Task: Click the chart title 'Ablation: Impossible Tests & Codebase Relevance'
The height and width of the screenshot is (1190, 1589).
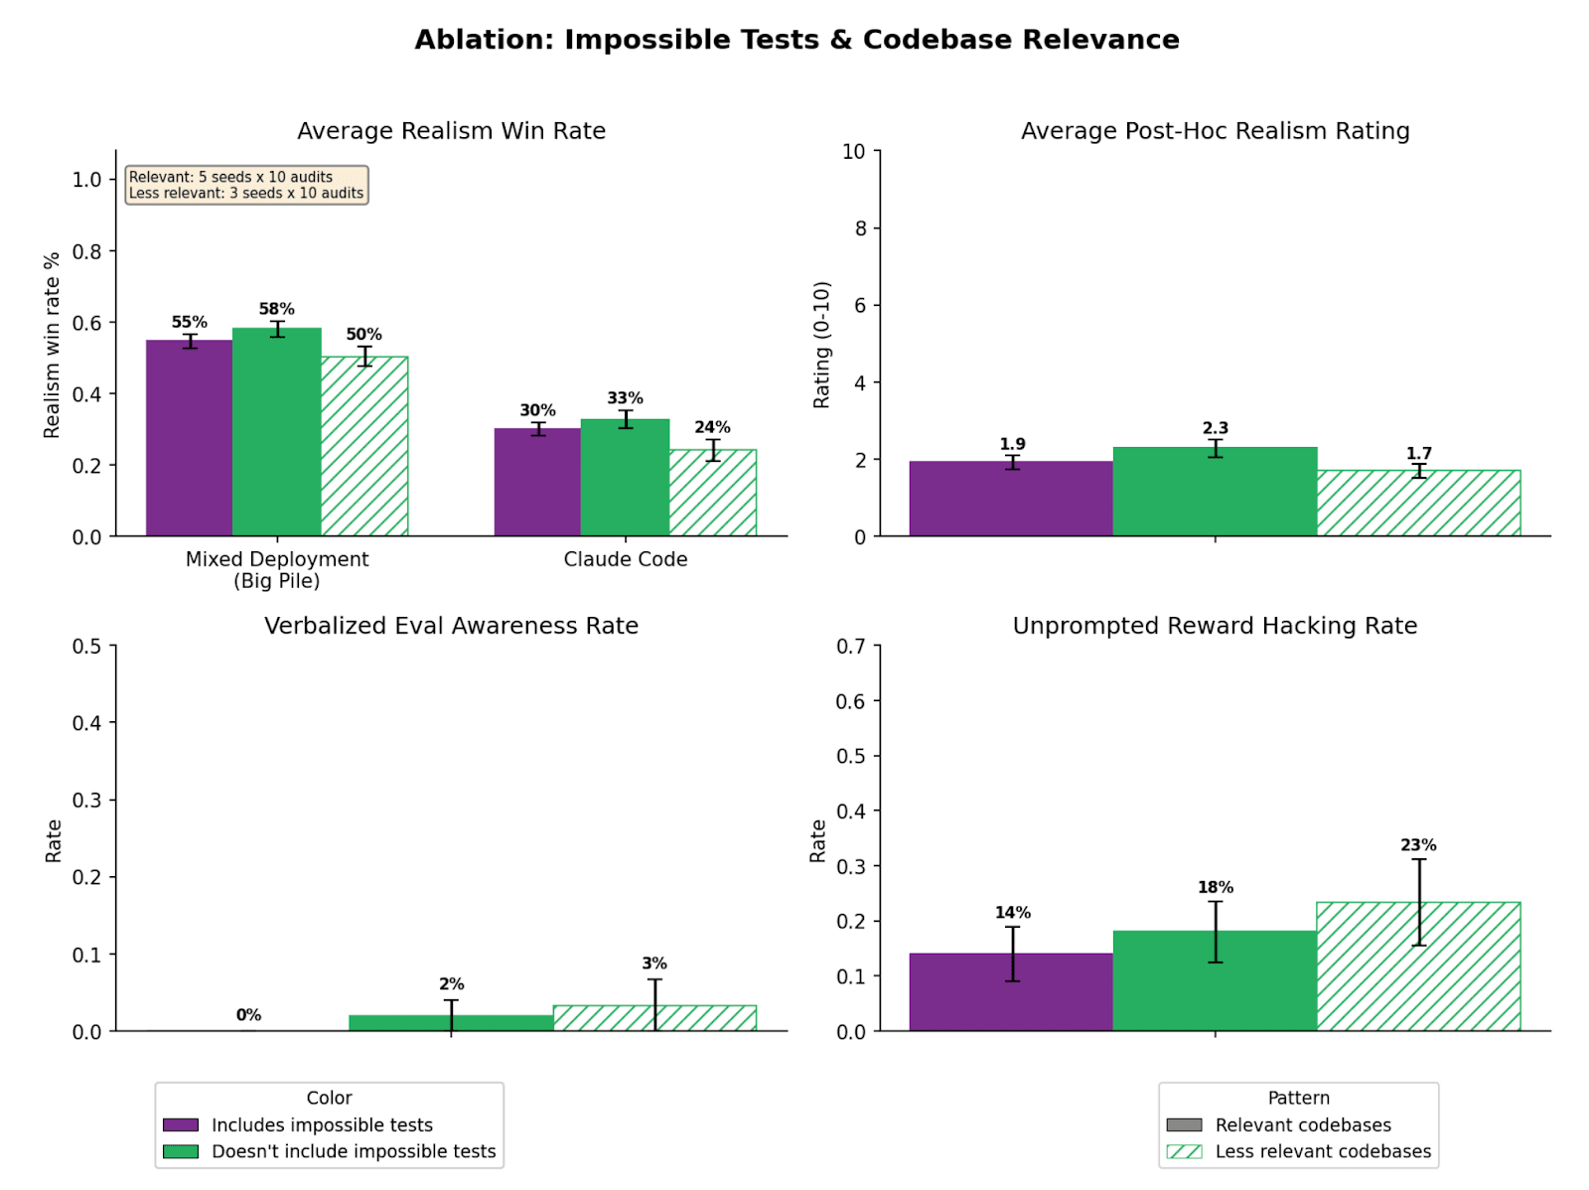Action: pyautogui.click(x=796, y=40)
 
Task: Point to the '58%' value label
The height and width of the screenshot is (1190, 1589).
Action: pyautogui.click(x=276, y=309)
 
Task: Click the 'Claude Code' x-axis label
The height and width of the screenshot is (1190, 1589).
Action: pyautogui.click(x=625, y=559)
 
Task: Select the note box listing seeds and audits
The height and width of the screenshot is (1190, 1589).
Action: pyautogui.click(x=246, y=185)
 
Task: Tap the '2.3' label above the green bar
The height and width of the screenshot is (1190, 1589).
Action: pyautogui.click(x=1215, y=428)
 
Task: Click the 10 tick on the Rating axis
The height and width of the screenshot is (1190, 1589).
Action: pyautogui.click(x=854, y=151)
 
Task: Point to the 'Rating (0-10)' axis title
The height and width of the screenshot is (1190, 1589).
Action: pyautogui.click(x=821, y=345)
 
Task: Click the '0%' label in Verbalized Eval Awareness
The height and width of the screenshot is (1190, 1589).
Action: pyautogui.click(x=248, y=1014)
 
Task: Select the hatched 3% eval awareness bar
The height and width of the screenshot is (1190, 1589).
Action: pyautogui.click(x=654, y=1018)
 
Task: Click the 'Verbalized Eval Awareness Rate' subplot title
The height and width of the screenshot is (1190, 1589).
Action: pyautogui.click(x=451, y=626)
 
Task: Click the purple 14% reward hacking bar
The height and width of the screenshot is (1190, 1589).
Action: pyautogui.click(x=1011, y=992)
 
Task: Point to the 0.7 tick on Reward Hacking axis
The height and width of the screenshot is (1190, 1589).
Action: pyautogui.click(x=850, y=646)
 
